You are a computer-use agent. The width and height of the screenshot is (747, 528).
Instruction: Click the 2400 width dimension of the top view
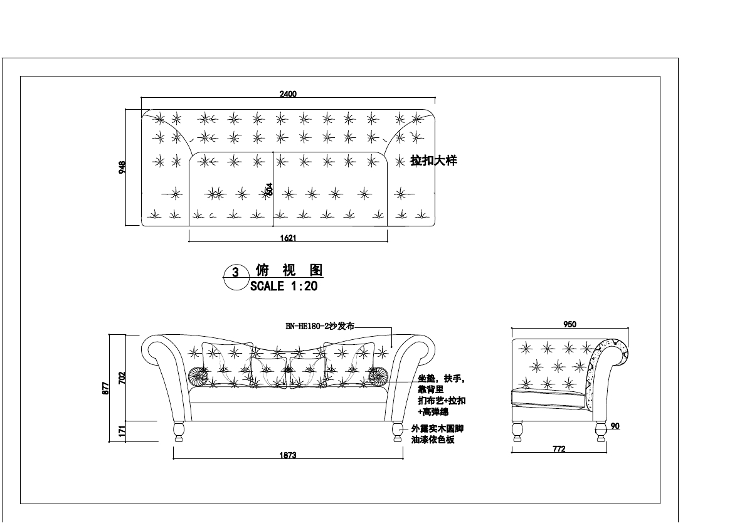[288, 94]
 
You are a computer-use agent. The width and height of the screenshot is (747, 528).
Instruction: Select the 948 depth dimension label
[122, 167]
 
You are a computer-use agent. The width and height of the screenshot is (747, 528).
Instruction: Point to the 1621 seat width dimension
[288, 238]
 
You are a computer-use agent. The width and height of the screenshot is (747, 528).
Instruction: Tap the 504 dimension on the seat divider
[270, 189]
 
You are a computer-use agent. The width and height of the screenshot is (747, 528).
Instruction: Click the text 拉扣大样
[433, 161]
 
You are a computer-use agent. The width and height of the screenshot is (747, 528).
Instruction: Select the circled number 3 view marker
[235, 272]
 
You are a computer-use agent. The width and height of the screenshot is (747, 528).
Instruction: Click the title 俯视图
[289, 270]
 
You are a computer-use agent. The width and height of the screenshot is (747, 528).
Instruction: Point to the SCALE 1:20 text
[283, 287]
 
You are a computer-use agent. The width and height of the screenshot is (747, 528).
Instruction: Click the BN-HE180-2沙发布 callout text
[320, 326]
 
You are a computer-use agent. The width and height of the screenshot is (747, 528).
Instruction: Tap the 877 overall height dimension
[106, 388]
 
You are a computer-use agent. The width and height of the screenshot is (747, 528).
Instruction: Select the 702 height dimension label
[122, 378]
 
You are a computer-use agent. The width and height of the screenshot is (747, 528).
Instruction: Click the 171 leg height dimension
[122, 431]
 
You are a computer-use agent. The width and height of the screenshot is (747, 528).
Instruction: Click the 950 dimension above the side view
[570, 324]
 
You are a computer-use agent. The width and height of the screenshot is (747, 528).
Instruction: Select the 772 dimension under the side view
[559, 449]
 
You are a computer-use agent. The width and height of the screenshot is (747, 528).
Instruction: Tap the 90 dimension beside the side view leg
[615, 426]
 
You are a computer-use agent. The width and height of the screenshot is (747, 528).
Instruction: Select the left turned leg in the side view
[517, 431]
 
